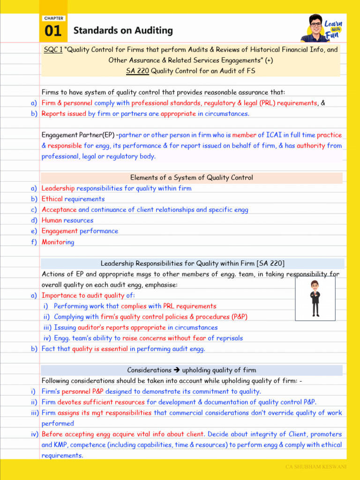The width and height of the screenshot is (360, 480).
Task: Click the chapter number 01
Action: pos(53,31)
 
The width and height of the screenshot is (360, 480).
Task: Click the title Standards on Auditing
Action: pos(123,31)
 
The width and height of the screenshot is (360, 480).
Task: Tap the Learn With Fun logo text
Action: pos(333,29)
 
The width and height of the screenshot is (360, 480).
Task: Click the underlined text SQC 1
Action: pos(53,49)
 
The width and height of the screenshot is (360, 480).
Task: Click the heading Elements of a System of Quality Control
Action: pos(191,178)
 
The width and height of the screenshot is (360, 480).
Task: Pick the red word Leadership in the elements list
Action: pos(58,188)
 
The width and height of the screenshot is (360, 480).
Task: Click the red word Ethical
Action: pos(52,199)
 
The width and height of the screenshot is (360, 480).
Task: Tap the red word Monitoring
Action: pos(58,242)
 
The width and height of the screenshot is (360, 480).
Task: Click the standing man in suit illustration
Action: pos(315,299)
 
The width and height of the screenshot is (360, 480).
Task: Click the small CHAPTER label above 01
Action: pos(53,18)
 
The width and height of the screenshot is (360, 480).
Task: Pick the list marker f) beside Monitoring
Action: pos(34,242)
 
